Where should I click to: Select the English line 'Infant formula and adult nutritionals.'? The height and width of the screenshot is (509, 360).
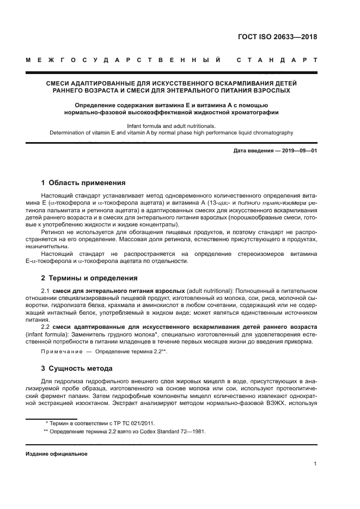(171, 125)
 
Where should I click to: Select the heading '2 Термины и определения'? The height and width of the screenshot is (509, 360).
(89, 278)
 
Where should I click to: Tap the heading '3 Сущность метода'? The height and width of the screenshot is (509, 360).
(77, 369)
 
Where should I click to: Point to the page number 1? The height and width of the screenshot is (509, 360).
(315, 463)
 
